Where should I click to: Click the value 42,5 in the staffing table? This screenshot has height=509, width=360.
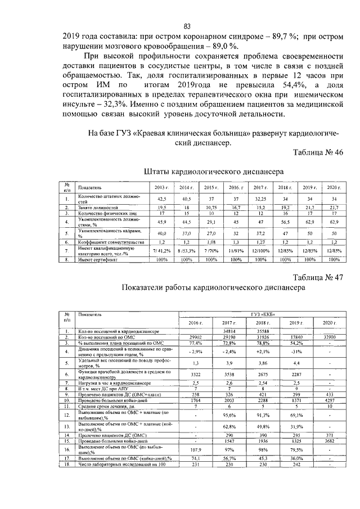click(x=161, y=199)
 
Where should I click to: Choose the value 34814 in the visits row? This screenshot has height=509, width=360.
click(x=228, y=332)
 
